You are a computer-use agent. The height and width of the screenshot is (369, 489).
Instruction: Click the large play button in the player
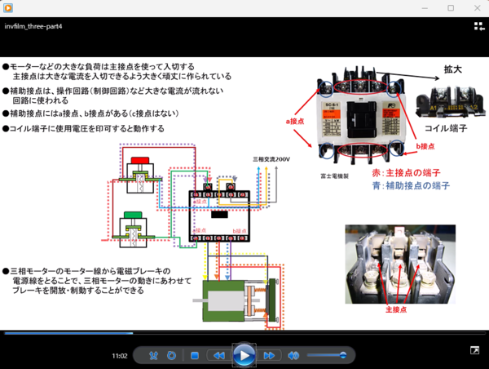tap(244, 355)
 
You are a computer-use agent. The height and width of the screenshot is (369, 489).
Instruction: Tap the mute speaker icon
tap(293, 356)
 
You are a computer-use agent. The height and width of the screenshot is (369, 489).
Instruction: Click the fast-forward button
tap(269, 356)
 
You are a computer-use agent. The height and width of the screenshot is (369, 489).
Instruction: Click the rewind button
tap(218, 356)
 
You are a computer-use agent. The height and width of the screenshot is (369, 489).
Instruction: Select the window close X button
tap(474, 7)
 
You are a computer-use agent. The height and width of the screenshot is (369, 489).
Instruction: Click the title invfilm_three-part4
tap(33, 26)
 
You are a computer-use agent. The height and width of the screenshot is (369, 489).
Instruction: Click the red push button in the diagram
tap(139, 159)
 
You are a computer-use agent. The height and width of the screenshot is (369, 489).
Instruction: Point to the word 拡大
tap(452, 69)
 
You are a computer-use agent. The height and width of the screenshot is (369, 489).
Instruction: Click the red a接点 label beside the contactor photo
tap(294, 121)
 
